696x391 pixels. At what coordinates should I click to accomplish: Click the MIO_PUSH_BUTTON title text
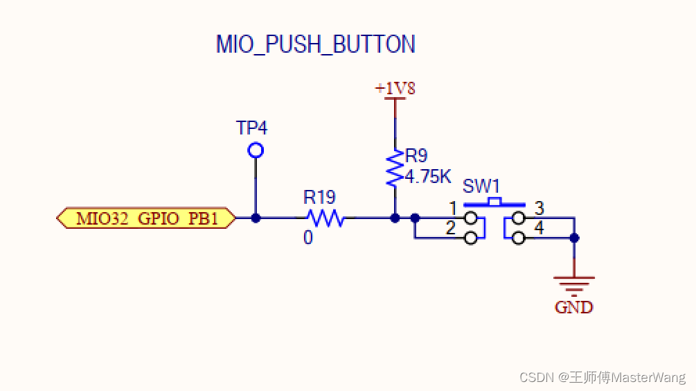coord(315,44)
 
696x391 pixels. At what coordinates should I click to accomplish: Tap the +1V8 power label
coord(395,89)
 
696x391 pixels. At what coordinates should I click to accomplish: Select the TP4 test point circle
coord(256,150)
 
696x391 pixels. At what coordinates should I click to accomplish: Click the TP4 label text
coord(251,128)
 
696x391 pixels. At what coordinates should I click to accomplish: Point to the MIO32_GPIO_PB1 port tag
coord(146,218)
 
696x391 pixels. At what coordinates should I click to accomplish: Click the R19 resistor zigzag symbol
coord(325,218)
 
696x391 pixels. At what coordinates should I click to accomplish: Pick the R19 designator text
coord(319,198)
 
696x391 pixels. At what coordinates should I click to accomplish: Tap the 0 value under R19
coord(307,238)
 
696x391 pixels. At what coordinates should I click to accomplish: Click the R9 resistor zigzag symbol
coord(395,167)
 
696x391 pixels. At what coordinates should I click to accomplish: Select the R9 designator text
coord(416,155)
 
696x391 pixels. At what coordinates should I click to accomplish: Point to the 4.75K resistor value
coord(428,176)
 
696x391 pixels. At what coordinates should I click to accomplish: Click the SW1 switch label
coord(481,187)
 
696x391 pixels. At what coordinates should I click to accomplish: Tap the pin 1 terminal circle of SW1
coord(471,218)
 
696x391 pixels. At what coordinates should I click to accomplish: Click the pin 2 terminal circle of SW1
coord(471,238)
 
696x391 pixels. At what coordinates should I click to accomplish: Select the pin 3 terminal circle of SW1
coord(518,218)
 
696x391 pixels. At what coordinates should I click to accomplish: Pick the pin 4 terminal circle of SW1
coord(518,238)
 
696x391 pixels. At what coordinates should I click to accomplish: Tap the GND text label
coord(574,307)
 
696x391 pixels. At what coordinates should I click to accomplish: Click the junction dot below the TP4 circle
coord(256,218)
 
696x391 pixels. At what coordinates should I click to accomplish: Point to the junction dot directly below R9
coord(395,218)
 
